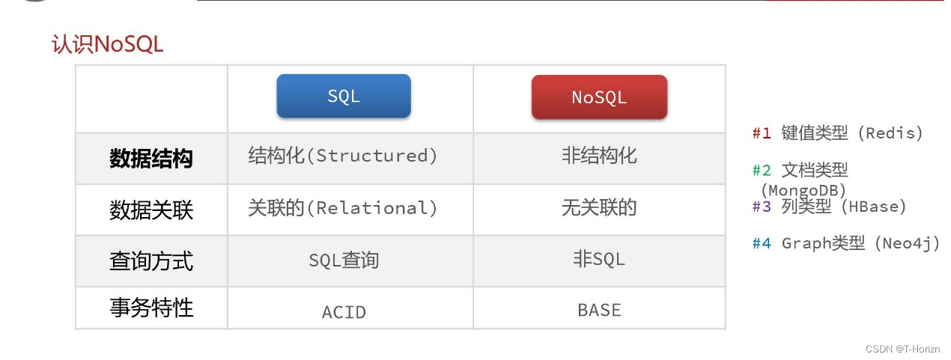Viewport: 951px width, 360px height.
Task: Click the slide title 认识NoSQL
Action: (x=107, y=44)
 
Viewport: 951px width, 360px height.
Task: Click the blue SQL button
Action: (x=344, y=96)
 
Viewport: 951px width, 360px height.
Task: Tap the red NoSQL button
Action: (x=599, y=97)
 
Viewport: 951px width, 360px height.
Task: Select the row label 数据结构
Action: (x=151, y=159)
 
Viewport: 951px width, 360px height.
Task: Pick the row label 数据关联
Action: (x=151, y=210)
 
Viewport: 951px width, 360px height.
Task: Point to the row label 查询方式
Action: (x=151, y=260)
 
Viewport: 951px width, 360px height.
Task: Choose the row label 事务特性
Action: (x=151, y=308)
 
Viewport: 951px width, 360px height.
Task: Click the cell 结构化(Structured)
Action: (x=343, y=156)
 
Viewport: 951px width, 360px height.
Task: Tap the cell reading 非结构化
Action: (x=599, y=156)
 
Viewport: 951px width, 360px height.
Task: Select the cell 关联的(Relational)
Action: (x=343, y=207)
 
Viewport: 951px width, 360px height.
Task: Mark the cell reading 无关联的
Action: (x=599, y=207)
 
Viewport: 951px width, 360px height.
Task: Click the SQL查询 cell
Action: (x=344, y=260)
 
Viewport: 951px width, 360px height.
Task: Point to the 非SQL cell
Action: (x=599, y=258)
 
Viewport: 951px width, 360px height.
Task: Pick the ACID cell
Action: (x=344, y=312)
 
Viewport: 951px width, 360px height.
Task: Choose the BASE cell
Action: (x=599, y=311)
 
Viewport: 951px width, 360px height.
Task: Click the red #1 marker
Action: (x=762, y=133)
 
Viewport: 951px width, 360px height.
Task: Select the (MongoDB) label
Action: (x=803, y=190)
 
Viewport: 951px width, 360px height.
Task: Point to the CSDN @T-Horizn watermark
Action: (x=902, y=349)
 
